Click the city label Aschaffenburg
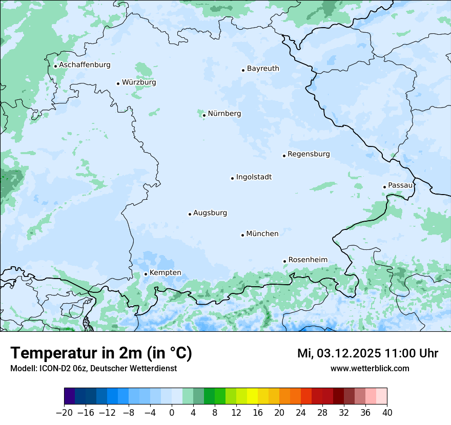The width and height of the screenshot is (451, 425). coord(85,65)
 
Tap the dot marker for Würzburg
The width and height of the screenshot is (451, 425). coord(118,83)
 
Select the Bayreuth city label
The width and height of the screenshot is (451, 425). coord(263,69)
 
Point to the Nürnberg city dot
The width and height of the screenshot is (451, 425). coord(204,115)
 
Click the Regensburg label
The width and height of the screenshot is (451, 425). coord(309,154)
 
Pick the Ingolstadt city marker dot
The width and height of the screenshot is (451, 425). coord(232,178)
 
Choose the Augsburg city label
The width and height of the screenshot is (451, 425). coord(210,213)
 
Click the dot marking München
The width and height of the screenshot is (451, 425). coord(242,235)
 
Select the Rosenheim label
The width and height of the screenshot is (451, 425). coord(307,260)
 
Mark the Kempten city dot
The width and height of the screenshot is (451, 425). coord(146,274)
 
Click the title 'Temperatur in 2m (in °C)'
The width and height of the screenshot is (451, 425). coord(101,353)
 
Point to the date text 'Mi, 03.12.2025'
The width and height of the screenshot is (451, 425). coord(339,353)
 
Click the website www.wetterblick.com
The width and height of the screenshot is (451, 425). coord(370,368)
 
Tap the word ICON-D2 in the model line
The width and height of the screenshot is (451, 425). coord(52,368)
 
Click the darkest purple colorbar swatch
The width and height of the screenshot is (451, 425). coord(70,396)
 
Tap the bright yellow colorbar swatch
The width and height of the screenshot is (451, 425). coord(252,396)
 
